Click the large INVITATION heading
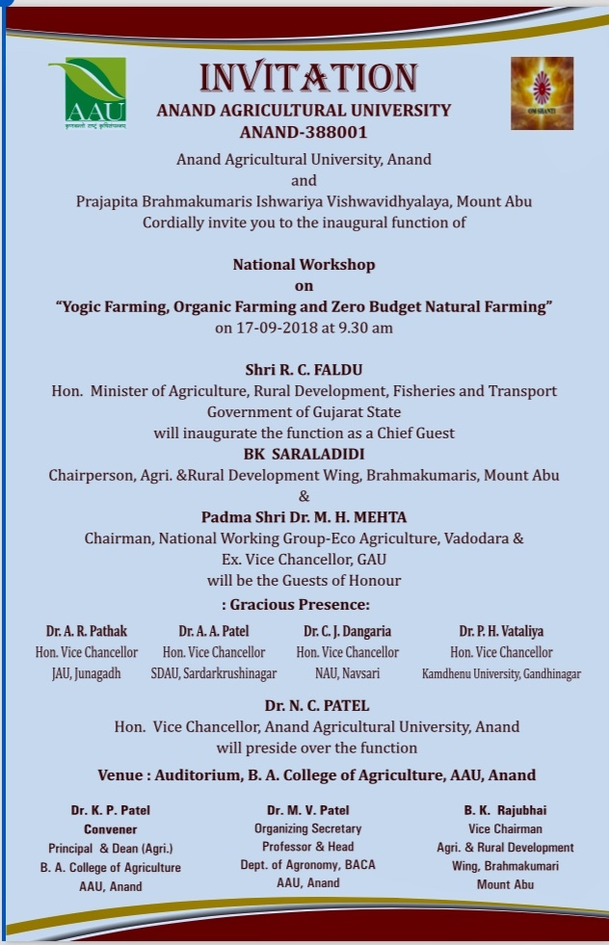(307, 78)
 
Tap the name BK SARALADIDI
(304, 455)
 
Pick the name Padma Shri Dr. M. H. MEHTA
(304, 517)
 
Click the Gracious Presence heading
(304, 604)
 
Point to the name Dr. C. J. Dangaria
(347, 631)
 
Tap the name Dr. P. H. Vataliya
(501, 631)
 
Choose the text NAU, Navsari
(347, 673)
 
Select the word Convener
(110, 828)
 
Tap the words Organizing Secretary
(307, 828)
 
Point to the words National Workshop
(304, 264)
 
